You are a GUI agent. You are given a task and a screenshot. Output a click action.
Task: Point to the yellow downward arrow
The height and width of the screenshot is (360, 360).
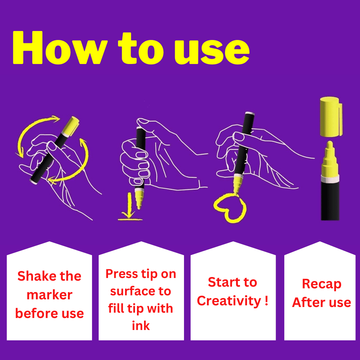coord(129,205)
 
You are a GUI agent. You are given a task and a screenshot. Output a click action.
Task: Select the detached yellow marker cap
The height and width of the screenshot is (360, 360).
coord(331,117)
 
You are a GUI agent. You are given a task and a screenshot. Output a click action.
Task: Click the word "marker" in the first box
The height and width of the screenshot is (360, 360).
coord(50,295)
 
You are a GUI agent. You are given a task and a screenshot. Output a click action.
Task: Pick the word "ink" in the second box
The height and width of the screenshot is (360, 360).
coord(141,326)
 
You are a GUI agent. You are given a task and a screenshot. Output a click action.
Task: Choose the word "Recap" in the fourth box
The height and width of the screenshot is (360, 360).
coord(322,284)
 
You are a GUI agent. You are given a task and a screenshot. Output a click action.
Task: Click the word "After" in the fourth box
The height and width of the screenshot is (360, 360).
coord(309,302)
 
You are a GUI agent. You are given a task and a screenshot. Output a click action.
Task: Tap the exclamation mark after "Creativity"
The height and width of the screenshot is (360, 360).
coord(266,300)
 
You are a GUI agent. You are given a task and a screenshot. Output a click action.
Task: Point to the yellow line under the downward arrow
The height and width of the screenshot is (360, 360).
coord(130,220)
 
